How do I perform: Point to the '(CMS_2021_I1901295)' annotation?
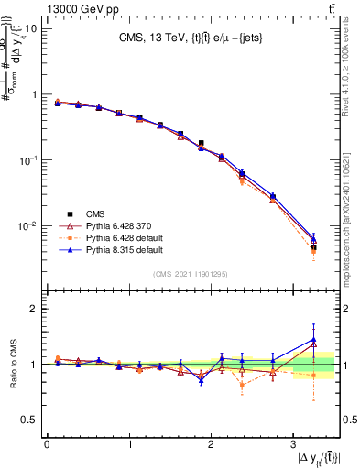click(x=191, y=275)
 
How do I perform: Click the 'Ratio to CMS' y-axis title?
click(x=15, y=365)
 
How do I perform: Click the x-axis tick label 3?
click(x=292, y=444)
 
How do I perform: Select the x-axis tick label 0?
click(x=47, y=444)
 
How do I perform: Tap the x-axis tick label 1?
click(x=128, y=444)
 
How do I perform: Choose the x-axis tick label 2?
click(x=211, y=444)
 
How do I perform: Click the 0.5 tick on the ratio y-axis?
click(x=29, y=420)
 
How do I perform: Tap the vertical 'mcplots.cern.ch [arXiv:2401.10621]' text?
click(x=348, y=210)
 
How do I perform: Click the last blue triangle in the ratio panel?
click(x=313, y=340)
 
